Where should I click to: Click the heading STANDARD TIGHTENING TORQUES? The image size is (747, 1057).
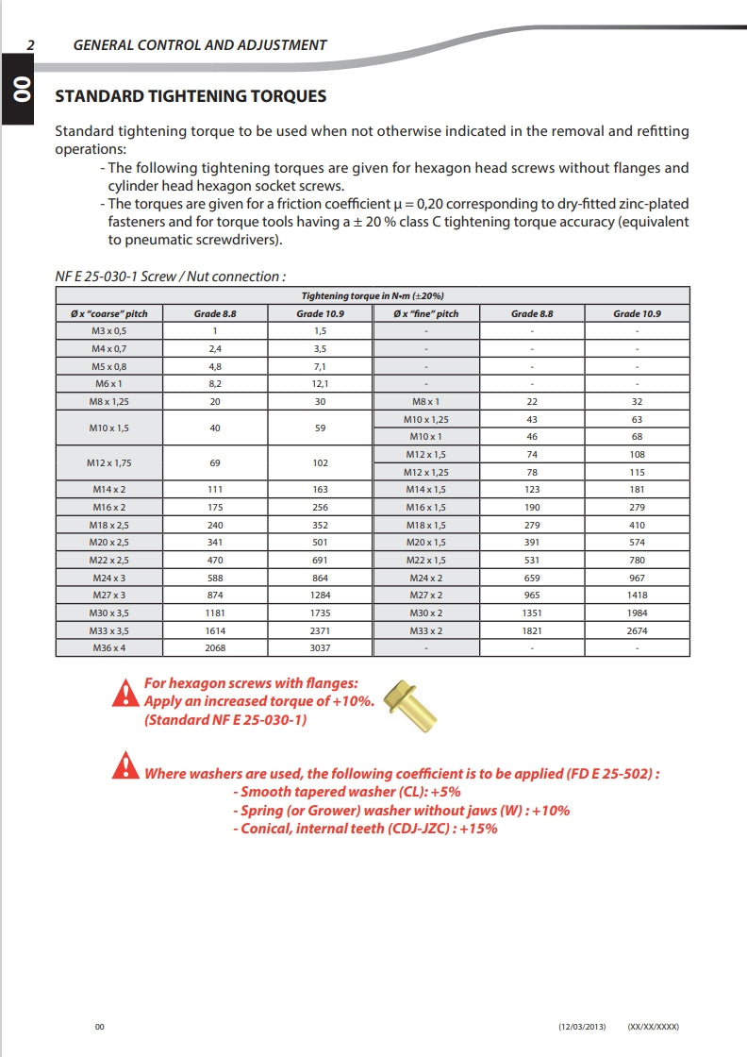point(191,96)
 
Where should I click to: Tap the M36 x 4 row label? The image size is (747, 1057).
point(109,648)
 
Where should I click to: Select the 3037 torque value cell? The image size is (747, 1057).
point(321,648)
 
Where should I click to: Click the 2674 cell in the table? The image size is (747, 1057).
point(638,630)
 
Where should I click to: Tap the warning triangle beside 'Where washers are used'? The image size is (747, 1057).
point(124,765)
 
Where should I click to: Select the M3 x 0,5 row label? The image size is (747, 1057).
point(109,330)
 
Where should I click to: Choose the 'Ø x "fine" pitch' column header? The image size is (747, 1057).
point(426,313)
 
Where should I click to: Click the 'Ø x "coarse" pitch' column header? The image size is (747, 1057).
point(109,313)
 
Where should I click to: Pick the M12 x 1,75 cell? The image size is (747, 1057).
point(109,462)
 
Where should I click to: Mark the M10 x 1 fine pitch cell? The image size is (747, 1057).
point(426,437)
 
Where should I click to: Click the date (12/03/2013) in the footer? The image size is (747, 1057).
point(581,1027)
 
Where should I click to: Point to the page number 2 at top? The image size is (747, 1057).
point(31,44)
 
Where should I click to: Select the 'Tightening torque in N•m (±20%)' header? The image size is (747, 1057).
point(373,296)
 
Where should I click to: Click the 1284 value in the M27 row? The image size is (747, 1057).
point(321,596)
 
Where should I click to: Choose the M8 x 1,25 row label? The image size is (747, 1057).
point(109,401)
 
